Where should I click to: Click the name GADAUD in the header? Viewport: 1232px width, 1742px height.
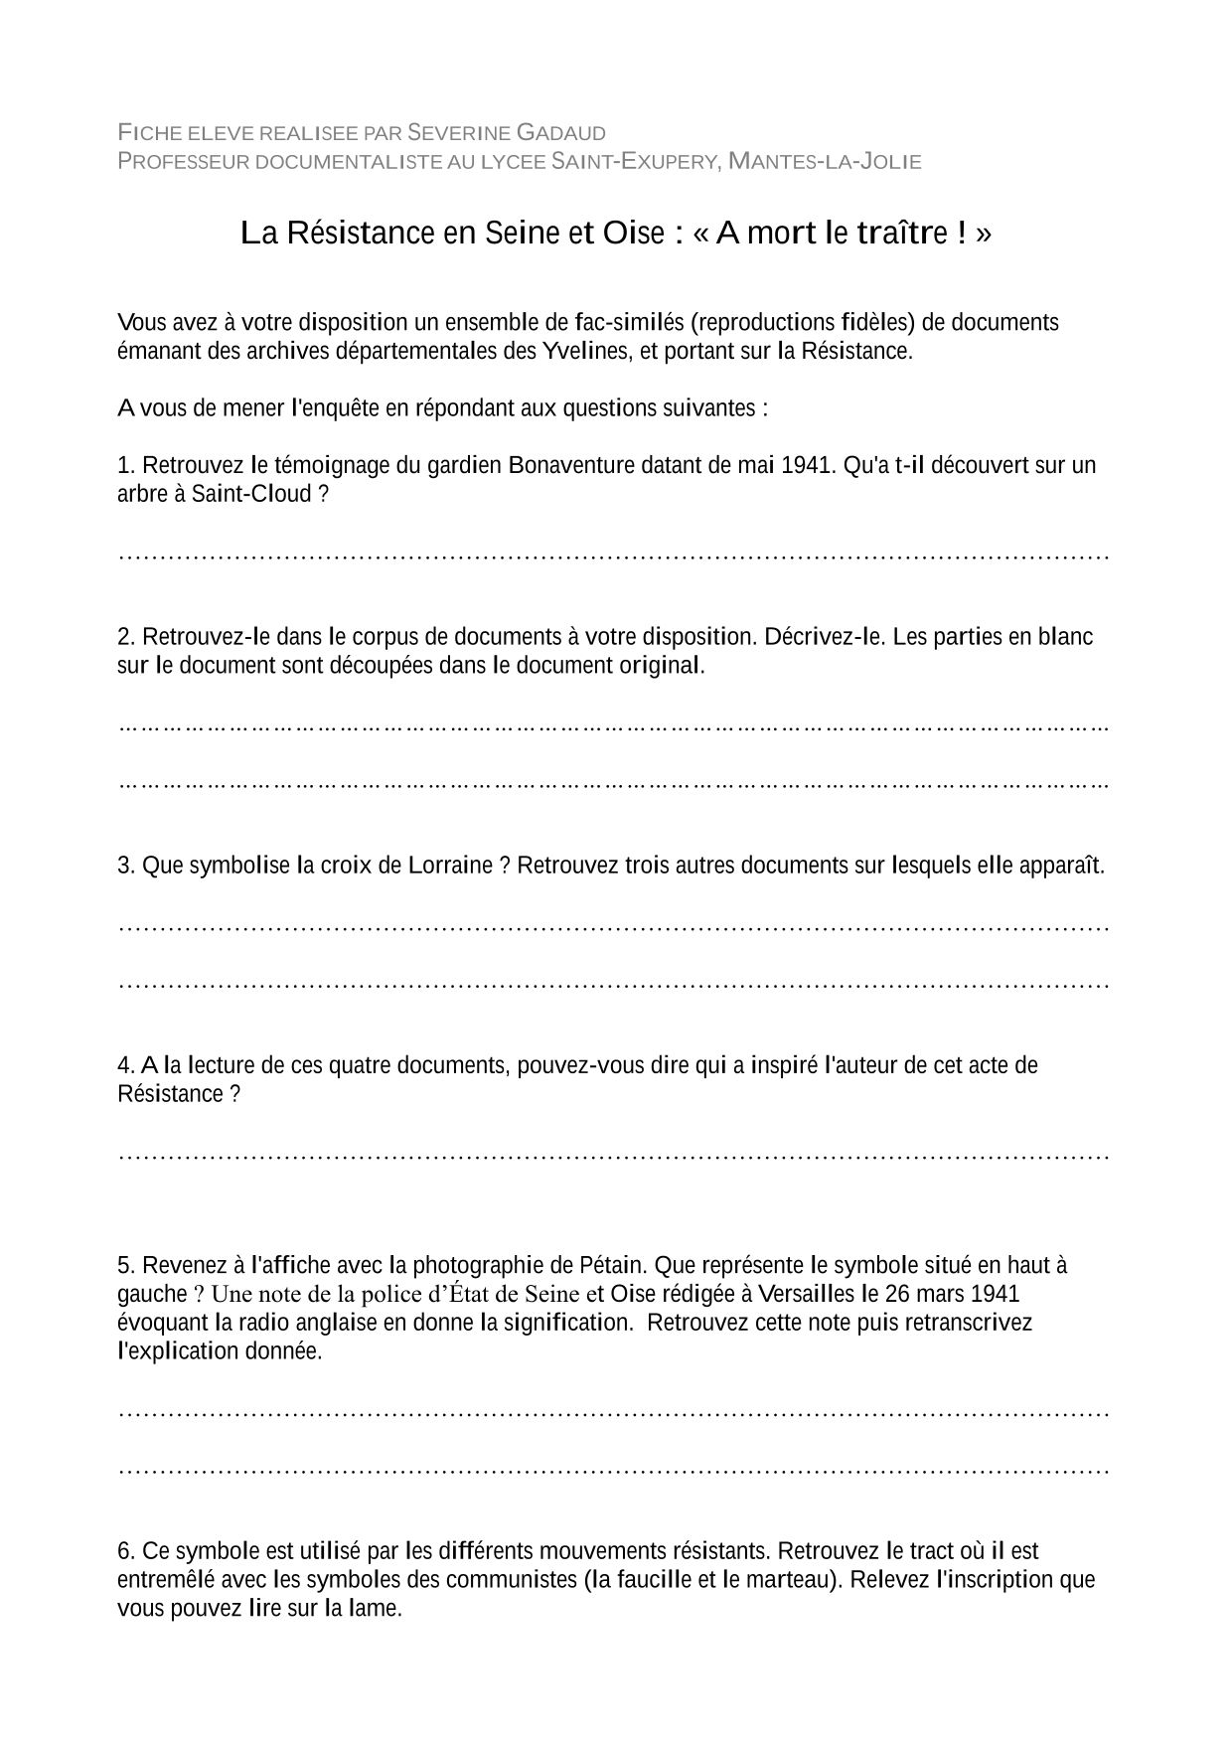[561, 132]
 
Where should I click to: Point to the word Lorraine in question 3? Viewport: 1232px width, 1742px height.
[450, 866]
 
